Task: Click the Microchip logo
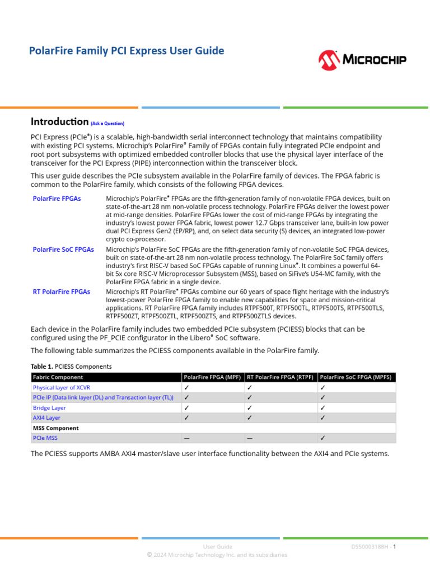362,59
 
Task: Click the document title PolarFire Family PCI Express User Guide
127,51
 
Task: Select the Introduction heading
59,121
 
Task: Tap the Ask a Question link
107,124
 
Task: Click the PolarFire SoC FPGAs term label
63,250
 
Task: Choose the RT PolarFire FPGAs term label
62,292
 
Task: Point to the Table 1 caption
71,367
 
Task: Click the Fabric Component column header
58,377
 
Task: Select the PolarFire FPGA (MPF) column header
212,377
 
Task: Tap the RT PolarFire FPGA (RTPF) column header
280,377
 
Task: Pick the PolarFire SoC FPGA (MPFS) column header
356,377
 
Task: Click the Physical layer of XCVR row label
62,387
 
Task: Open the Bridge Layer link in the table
49,408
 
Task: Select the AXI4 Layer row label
46,418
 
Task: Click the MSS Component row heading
56,428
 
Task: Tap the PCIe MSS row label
45,438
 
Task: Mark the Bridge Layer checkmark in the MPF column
186,408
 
